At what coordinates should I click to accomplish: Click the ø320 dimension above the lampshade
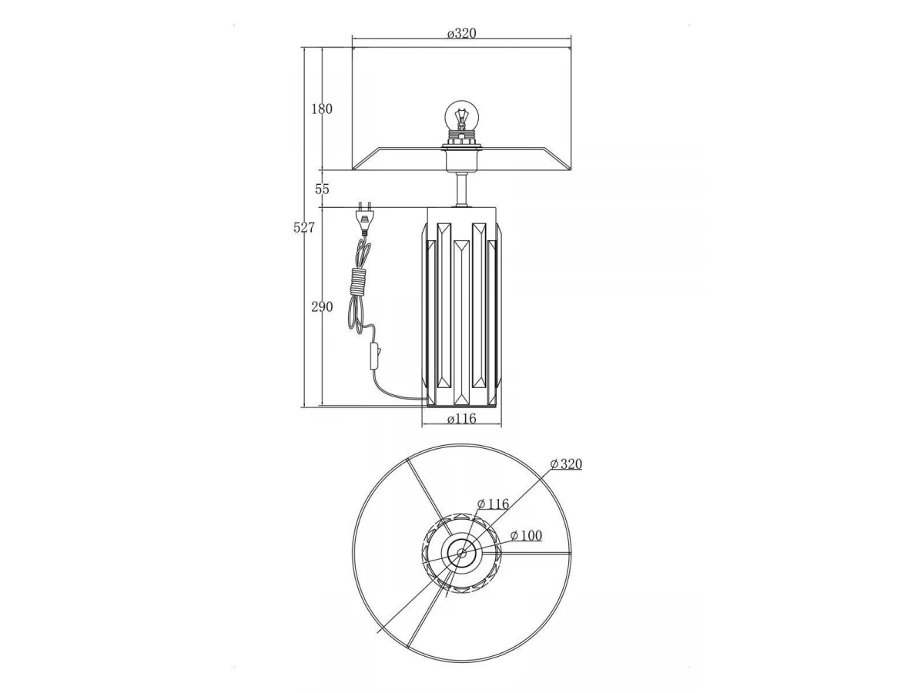click(x=462, y=33)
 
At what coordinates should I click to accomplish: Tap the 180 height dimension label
click(x=322, y=109)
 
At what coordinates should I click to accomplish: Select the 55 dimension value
click(x=322, y=189)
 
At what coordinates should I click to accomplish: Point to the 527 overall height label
click(x=304, y=228)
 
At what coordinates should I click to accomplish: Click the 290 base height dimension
click(x=322, y=306)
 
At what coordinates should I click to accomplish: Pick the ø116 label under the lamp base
click(x=462, y=418)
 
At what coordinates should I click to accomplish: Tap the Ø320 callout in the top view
click(x=566, y=464)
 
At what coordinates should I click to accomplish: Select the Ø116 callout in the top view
click(x=494, y=504)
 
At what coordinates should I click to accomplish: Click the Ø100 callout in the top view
click(x=526, y=536)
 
